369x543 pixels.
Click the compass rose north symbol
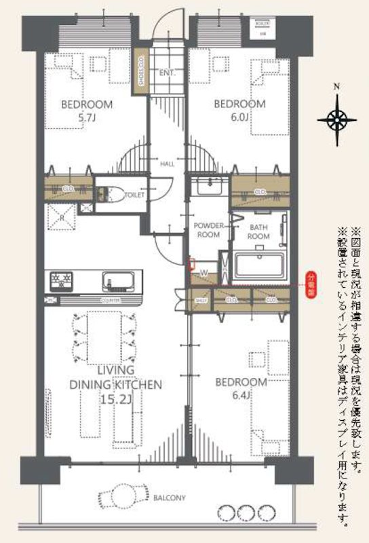click(337, 119)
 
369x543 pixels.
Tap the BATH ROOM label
click(259, 231)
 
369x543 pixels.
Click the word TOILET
click(135, 195)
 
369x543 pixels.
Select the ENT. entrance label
click(167, 73)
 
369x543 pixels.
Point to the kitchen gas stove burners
click(60, 278)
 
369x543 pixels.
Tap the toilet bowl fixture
click(112, 195)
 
